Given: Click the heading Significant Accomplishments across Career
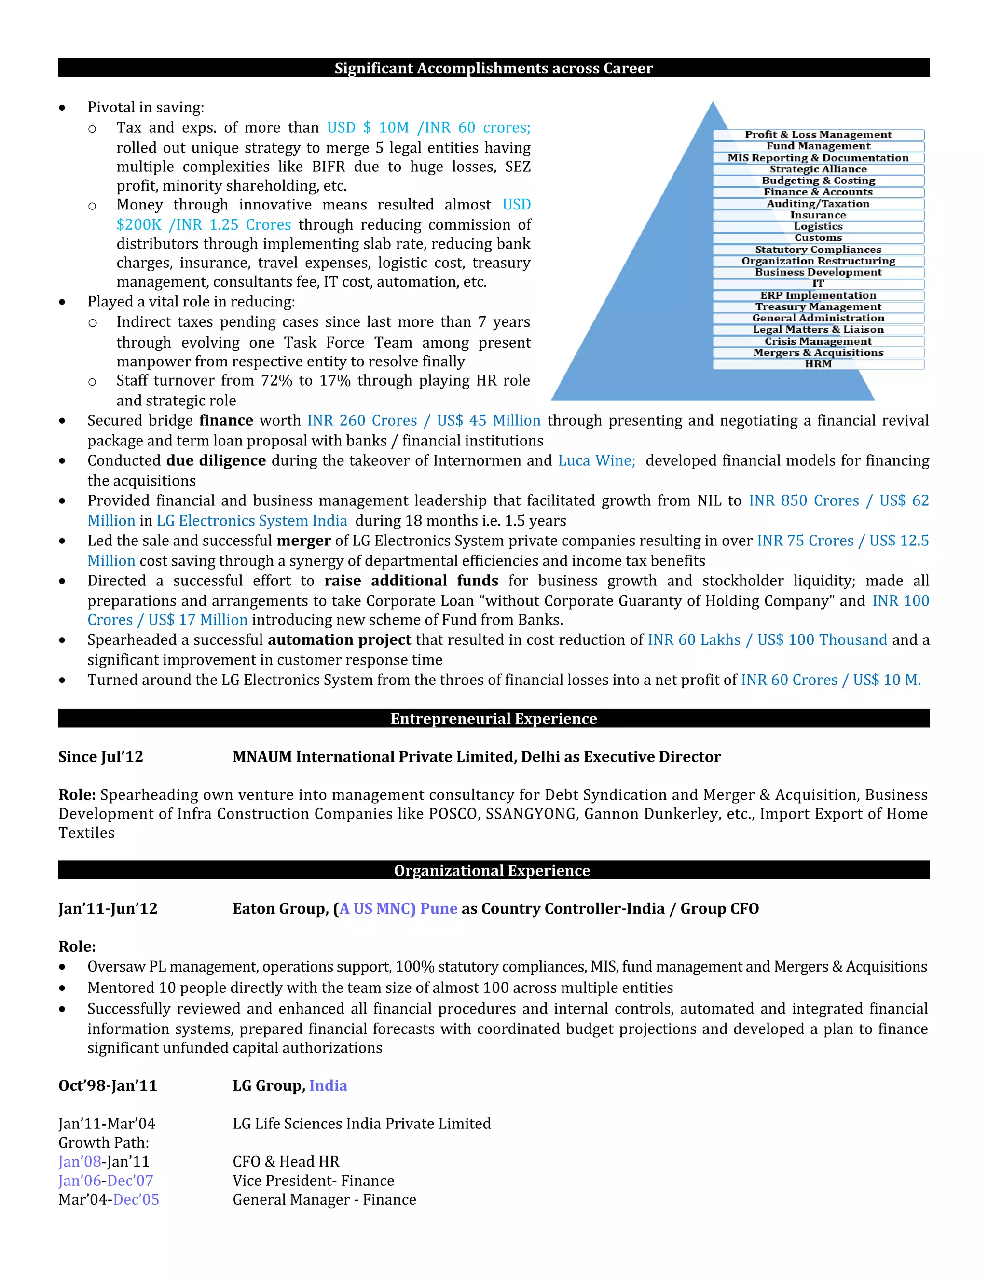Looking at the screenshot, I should (x=494, y=68).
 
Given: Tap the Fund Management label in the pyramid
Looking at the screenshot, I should (x=818, y=146).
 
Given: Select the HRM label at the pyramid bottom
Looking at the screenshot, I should (x=818, y=364).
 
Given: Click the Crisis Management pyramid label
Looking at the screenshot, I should (x=818, y=341).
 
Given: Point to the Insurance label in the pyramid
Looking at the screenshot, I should (x=818, y=215).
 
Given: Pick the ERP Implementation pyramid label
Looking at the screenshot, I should (x=818, y=295).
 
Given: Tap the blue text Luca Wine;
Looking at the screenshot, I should (x=596, y=461).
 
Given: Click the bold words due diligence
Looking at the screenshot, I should (x=216, y=461).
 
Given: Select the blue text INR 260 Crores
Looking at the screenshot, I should (x=362, y=420).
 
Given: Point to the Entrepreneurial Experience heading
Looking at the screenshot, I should (x=494, y=719).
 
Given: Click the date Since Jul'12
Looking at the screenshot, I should (x=101, y=757).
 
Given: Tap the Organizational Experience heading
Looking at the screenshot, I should (x=492, y=870).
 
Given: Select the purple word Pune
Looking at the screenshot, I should (x=439, y=908).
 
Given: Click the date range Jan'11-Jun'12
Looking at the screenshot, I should (x=108, y=908).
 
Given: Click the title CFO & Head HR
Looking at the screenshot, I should (x=286, y=1161).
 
